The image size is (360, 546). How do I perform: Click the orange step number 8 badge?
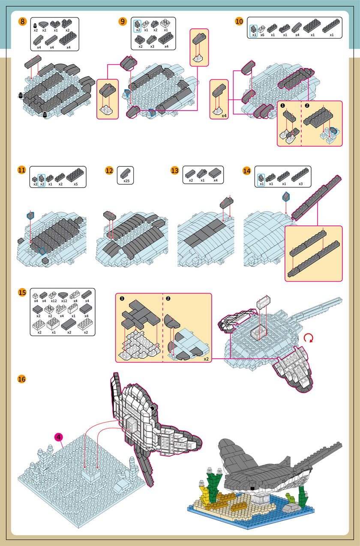(x=22, y=21)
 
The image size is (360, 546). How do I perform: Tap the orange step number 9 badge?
(x=123, y=21)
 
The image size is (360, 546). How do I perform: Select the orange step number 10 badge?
(x=239, y=21)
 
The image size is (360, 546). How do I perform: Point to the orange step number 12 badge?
(x=109, y=171)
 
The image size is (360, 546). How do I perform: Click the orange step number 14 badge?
(x=247, y=171)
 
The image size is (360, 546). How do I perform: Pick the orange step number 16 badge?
(x=22, y=379)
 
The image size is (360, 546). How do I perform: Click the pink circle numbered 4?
(x=58, y=437)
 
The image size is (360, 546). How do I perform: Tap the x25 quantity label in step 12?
(x=126, y=181)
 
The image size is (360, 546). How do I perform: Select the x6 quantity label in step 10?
(x=262, y=35)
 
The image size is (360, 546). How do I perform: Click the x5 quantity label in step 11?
(x=75, y=184)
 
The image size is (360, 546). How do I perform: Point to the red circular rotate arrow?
(x=309, y=338)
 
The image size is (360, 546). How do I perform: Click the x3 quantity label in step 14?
(x=300, y=184)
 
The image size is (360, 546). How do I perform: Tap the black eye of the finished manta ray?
(x=252, y=489)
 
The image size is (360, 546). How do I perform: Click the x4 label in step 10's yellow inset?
(x=224, y=116)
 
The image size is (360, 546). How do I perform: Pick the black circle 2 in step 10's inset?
(x=307, y=105)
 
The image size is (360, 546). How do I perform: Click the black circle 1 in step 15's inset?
(x=122, y=298)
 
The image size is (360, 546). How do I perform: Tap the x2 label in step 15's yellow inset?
(x=206, y=359)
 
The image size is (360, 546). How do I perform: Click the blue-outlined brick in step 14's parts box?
(x=261, y=178)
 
